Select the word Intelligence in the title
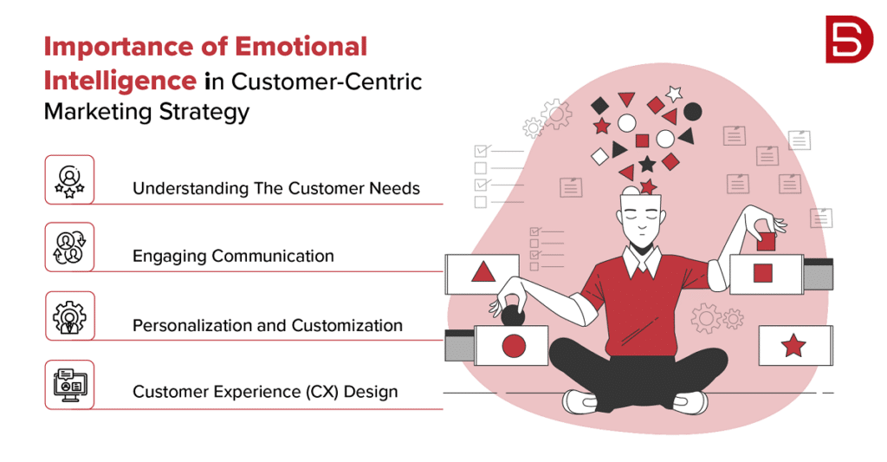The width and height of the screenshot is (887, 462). point(120,80)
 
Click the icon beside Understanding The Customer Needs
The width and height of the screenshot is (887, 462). point(69,179)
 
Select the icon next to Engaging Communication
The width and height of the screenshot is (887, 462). point(69,247)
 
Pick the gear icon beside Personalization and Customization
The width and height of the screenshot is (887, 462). point(69,316)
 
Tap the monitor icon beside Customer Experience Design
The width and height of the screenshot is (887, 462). point(69,384)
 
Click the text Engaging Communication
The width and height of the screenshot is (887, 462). point(233,256)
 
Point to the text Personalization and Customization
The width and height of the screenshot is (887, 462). point(267,325)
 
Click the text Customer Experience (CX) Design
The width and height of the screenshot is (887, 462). point(265,392)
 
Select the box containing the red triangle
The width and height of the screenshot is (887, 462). point(482,274)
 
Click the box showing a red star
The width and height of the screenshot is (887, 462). point(794,346)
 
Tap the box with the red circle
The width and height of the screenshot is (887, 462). point(514,346)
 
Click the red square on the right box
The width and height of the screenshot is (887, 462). point(763,273)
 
